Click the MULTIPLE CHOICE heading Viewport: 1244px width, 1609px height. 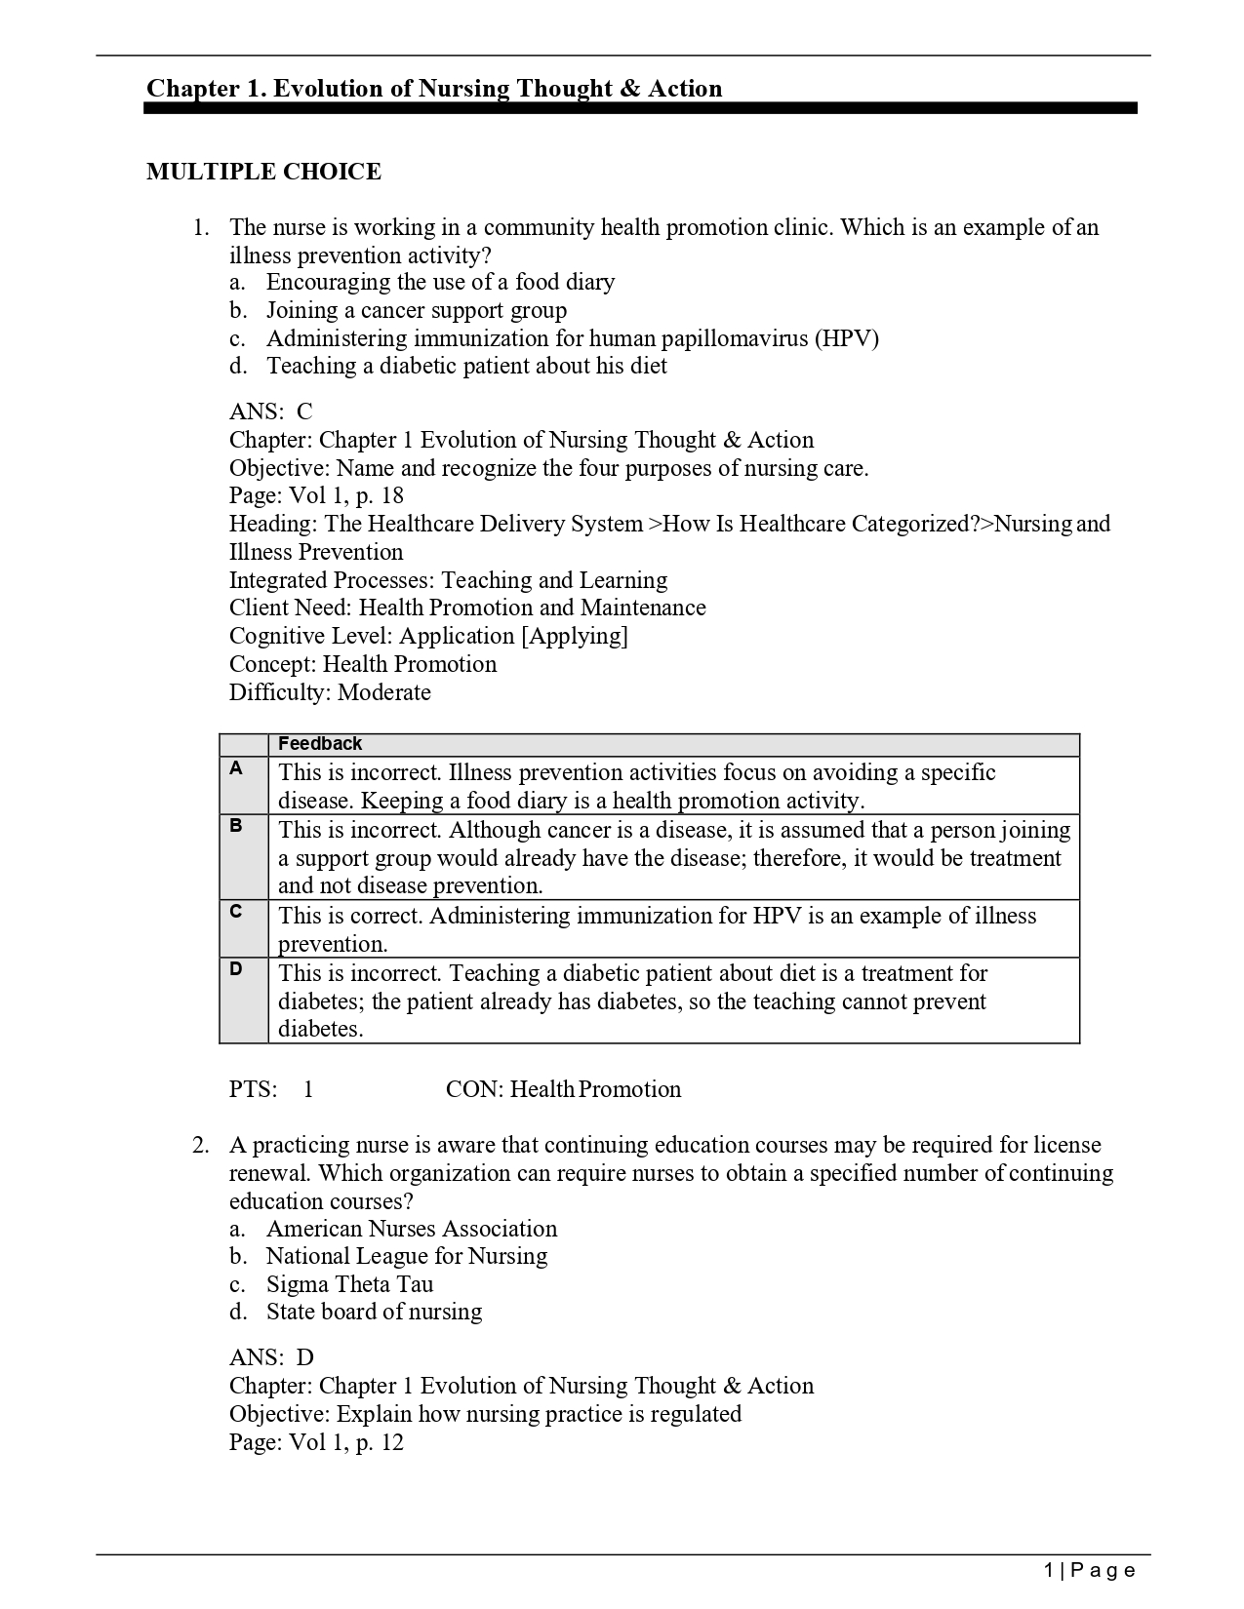pyautogui.click(x=263, y=172)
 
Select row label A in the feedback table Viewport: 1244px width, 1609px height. pyautogui.click(x=236, y=768)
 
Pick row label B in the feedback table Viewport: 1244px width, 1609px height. pyautogui.click(x=236, y=826)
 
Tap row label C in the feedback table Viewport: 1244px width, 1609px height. pyautogui.click(x=236, y=911)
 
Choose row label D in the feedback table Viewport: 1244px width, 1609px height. pyautogui.click(x=236, y=968)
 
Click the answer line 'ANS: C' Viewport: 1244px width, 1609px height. pyautogui.click(x=270, y=412)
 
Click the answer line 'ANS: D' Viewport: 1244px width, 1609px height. pyautogui.click(x=271, y=1357)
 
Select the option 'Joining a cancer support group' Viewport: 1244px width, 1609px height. pyautogui.click(x=416, y=310)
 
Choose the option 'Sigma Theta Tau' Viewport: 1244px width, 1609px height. pyautogui.click(x=349, y=1284)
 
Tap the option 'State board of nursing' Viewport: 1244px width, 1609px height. pyautogui.click(x=374, y=1312)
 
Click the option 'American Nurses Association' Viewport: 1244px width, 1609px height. pyautogui.click(x=411, y=1229)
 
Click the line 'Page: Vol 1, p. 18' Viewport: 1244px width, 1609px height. pyautogui.click(x=316, y=495)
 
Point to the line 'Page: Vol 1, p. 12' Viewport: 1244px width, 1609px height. pyautogui.click(x=316, y=1442)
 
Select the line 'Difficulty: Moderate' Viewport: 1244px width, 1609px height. pyautogui.click(x=330, y=692)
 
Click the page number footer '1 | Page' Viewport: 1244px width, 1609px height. pyautogui.click(x=1089, y=1570)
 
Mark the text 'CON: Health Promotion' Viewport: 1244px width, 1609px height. pyautogui.click(x=563, y=1089)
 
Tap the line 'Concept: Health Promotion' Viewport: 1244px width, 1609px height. pyautogui.click(x=363, y=664)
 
